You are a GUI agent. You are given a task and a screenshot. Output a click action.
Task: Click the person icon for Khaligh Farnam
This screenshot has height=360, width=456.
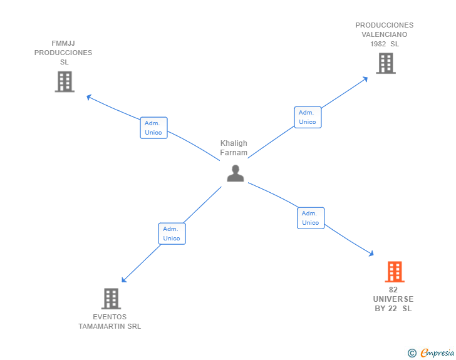point(235,173)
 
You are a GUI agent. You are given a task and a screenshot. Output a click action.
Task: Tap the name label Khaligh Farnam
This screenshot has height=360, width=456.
point(234,148)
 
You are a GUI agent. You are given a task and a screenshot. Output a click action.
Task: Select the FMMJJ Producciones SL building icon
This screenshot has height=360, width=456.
point(65,82)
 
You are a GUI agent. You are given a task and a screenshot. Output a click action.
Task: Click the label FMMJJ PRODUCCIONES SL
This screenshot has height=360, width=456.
point(63,53)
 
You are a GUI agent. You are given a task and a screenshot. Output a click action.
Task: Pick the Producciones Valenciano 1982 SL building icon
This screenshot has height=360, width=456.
point(385,63)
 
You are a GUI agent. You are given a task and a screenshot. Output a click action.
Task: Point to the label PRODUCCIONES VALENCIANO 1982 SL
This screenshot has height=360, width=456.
point(384,34)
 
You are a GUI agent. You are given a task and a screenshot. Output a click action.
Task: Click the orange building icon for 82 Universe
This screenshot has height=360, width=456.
point(394,272)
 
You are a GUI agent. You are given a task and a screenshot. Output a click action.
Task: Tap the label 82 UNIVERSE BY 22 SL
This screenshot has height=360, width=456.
point(393,299)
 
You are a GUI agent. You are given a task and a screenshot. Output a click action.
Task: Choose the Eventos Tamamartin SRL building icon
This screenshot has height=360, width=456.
point(110,299)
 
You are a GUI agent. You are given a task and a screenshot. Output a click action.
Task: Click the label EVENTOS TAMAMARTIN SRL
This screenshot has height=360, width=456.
point(110,322)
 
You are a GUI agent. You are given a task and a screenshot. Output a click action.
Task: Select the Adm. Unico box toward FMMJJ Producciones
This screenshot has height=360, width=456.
point(153,128)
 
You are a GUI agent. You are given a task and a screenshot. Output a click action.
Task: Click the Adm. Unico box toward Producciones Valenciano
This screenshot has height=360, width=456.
point(308,117)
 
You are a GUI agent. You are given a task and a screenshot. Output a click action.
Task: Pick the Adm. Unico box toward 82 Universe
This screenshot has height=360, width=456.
point(311,218)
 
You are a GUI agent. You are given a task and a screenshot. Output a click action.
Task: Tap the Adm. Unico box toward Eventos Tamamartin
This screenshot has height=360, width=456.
point(172,234)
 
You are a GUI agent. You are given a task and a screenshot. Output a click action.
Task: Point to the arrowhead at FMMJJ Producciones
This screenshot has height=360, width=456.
point(89,97)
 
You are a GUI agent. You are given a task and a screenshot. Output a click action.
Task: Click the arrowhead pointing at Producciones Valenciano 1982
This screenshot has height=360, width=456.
point(366,79)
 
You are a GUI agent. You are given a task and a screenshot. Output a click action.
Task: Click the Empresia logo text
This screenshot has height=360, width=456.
point(437,353)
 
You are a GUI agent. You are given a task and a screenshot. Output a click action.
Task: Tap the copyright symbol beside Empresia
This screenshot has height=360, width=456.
point(412,353)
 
